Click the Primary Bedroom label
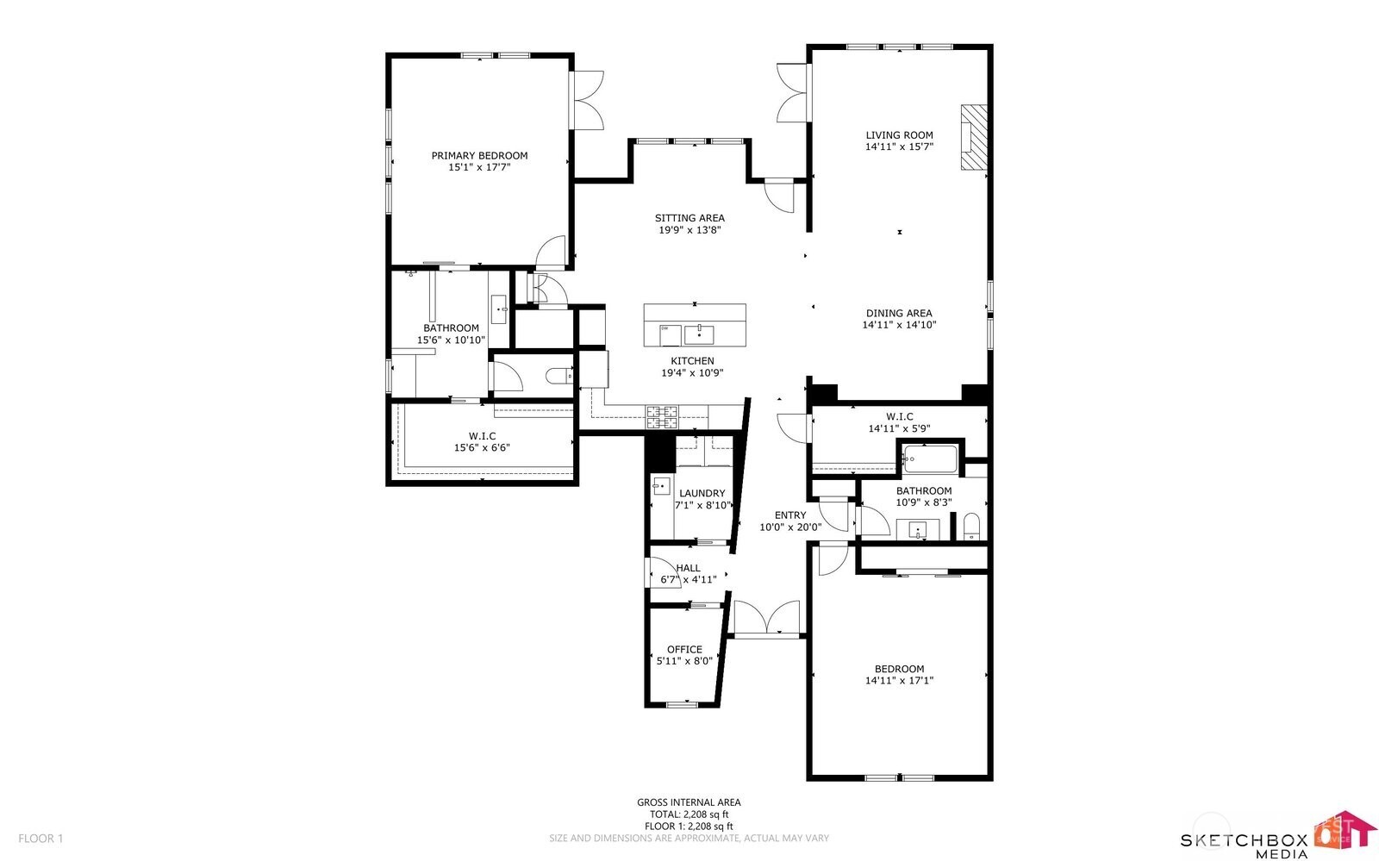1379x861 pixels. tap(479, 156)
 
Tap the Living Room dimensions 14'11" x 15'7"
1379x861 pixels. tap(899, 147)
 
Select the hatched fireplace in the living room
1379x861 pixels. tap(975, 138)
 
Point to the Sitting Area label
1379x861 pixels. tap(689, 218)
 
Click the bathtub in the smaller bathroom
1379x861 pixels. tap(930, 459)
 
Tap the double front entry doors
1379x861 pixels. tap(766, 619)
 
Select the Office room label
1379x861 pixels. tap(684, 650)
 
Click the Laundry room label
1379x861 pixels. tap(702, 494)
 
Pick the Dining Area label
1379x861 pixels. tap(899, 314)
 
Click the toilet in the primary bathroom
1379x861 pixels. tap(559, 375)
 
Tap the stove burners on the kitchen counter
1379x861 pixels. tap(662, 416)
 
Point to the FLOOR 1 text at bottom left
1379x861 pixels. tap(41, 839)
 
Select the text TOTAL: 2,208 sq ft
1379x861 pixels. tap(689, 814)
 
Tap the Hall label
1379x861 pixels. tap(688, 568)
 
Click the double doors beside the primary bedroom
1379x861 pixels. tap(587, 100)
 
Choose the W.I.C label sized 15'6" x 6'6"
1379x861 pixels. tap(482, 436)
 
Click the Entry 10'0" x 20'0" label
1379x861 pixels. tap(789, 515)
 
